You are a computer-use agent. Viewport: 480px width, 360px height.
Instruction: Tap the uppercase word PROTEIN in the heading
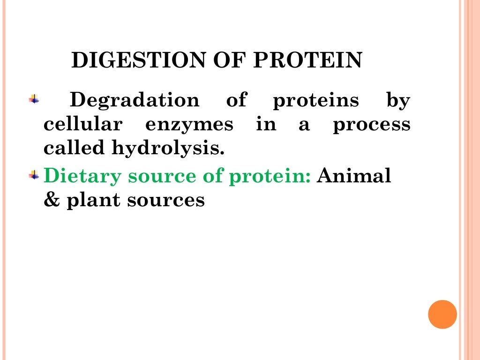point(307,61)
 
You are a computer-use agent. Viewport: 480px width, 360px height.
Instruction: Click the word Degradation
point(134,100)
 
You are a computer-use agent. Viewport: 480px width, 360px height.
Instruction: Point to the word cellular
point(83,124)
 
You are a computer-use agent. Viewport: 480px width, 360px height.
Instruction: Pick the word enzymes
point(189,125)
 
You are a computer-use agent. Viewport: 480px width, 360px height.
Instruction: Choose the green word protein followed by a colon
point(263,177)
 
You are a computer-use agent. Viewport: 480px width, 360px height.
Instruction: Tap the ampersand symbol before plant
point(50,200)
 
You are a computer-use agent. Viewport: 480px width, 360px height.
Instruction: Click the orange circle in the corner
point(442,314)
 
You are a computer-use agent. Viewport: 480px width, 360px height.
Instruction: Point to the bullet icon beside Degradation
point(34,99)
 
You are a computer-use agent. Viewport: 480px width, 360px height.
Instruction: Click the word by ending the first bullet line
point(398,101)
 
